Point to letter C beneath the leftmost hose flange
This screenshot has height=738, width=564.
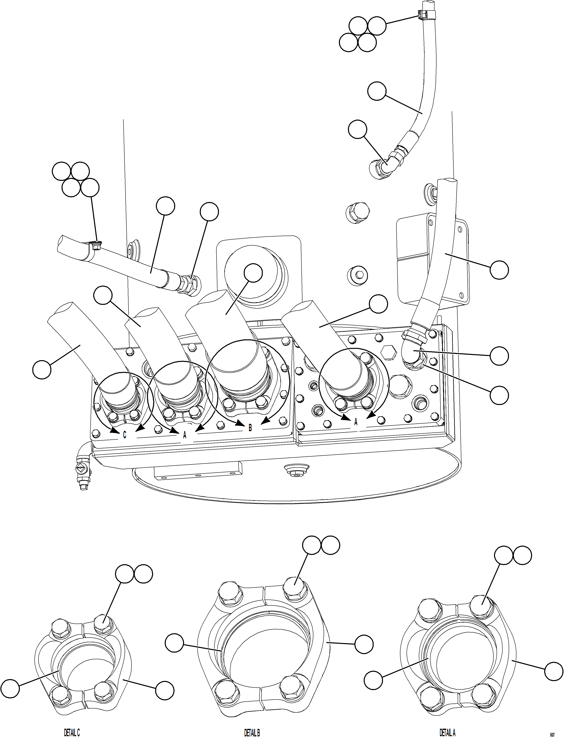click(125, 435)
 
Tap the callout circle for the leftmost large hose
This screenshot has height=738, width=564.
click(42, 370)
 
